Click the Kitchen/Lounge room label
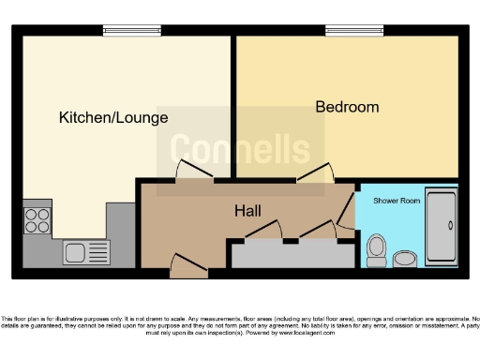point(113,118)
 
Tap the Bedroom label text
point(347,107)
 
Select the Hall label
point(247,211)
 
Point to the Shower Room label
point(390,201)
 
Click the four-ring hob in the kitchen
point(37,220)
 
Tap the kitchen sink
point(86,251)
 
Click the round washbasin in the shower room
point(406,257)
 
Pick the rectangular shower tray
point(441,228)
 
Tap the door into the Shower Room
point(350,208)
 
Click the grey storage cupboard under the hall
point(286,254)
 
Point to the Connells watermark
point(239,150)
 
